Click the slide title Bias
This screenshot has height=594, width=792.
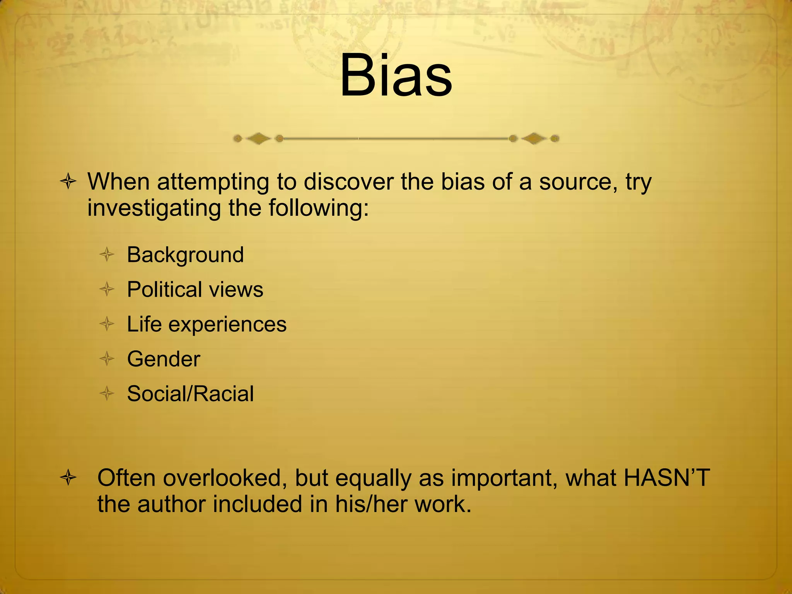tap(396, 75)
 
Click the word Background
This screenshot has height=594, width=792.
tap(185, 255)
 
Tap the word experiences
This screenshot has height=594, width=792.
tap(227, 325)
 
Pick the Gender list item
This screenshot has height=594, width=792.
tap(164, 359)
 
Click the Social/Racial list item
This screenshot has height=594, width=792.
tap(190, 394)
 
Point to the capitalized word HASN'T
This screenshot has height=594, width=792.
tap(667, 478)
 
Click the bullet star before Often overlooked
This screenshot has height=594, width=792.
tap(68, 478)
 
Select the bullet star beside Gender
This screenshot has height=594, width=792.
tap(107, 359)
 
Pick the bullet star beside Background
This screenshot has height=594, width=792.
tap(107, 255)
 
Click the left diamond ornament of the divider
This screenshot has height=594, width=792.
tap(258, 138)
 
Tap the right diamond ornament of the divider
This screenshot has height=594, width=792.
tap(534, 138)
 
